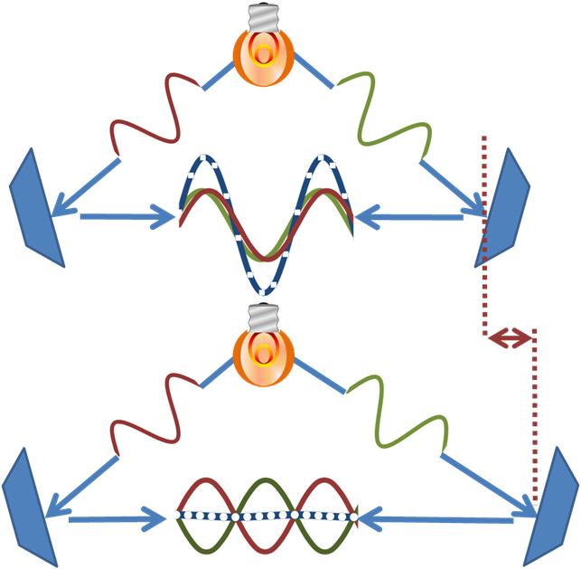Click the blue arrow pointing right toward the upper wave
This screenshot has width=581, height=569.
point(127,216)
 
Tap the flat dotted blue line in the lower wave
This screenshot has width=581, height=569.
point(265,517)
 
